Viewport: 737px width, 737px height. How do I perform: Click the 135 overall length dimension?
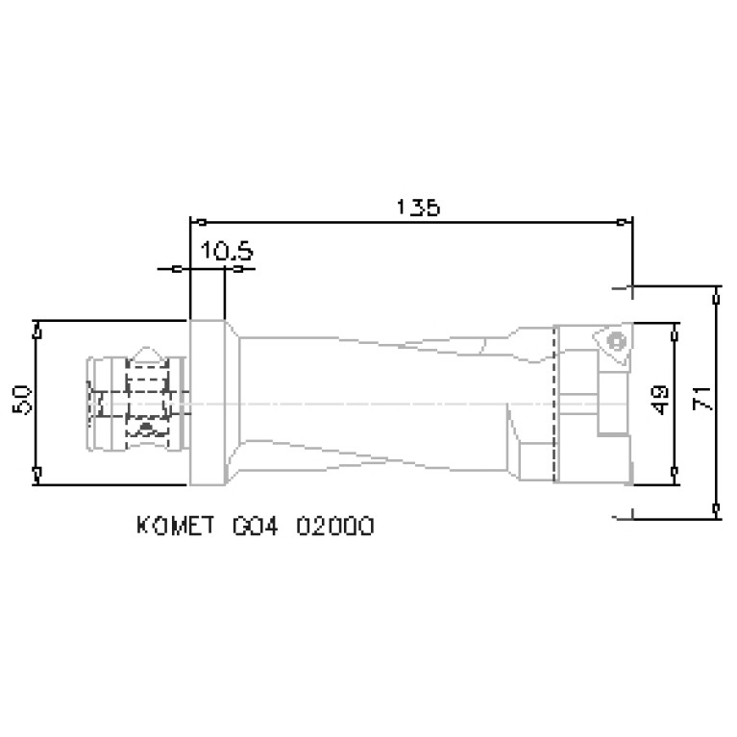[418, 207]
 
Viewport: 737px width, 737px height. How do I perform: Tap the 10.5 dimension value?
[226, 252]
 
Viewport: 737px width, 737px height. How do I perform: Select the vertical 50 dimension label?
[24, 399]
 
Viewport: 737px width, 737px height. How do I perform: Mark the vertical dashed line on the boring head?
[555, 404]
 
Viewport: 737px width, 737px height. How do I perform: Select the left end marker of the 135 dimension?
[190, 222]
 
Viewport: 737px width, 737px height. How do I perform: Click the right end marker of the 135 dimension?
[630, 222]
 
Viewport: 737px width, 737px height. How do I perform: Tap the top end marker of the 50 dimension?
[36, 331]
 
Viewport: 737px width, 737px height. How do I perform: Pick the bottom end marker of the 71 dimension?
[716, 505]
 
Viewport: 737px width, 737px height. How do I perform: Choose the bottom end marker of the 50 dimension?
[36, 472]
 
